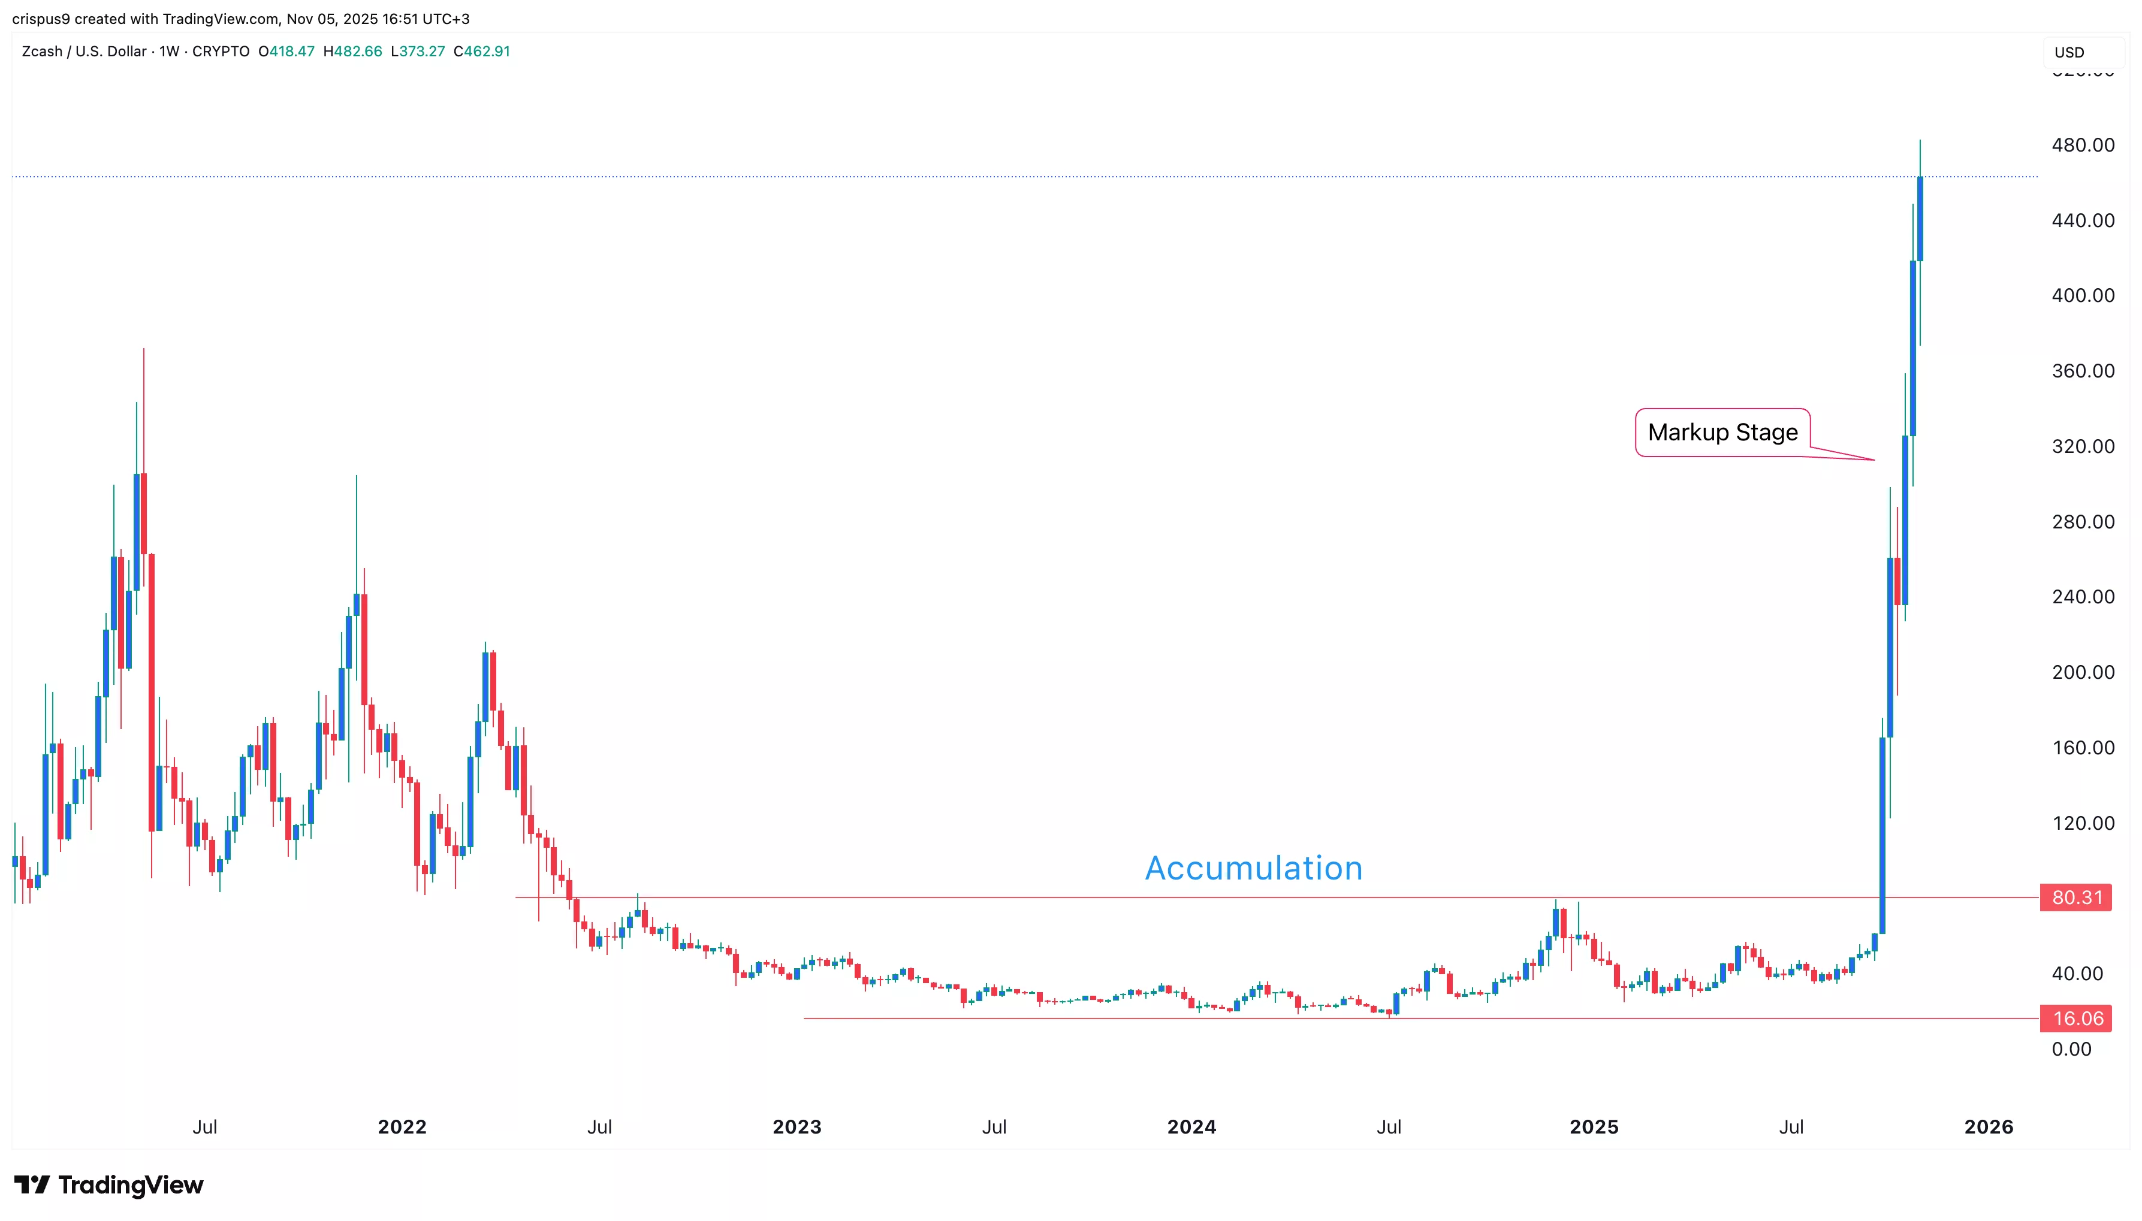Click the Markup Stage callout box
[1722, 433]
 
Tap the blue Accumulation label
[1253, 868]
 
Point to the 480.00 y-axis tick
[2083, 145]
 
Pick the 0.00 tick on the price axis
[2071, 1048]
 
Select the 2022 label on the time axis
[402, 1126]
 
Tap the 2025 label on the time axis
[1594, 1126]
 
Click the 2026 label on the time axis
[1988, 1126]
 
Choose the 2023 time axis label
[797, 1126]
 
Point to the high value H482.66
[352, 51]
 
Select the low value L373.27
[418, 51]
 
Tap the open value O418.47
[287, 51]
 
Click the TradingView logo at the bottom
[109, 1185]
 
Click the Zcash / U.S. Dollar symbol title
[84, 51]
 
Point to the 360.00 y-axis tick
[2083, 371]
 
